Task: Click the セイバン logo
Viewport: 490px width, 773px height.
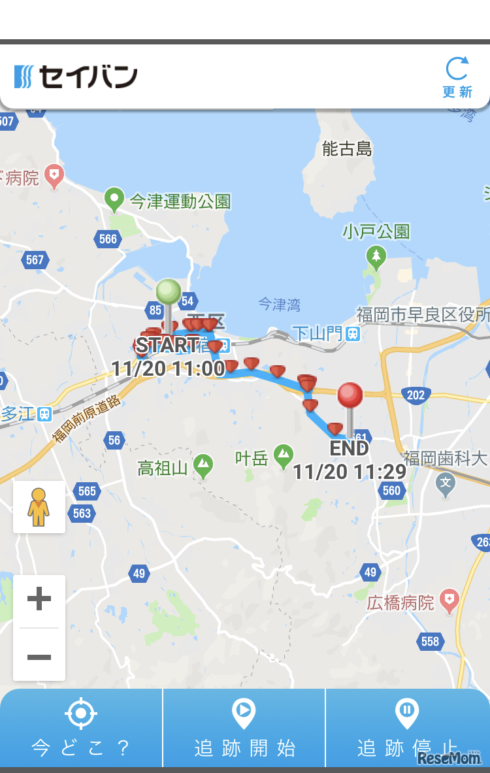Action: (x=76, y=76)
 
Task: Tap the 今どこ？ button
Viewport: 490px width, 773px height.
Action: (x=81, y=728)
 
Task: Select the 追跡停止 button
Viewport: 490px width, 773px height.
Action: (x=407, y=728)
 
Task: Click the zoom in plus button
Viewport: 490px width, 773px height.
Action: (x=39, y=599)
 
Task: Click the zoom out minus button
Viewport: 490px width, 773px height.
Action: (x=39, y=656)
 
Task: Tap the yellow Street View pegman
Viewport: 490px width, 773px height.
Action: (x=39, y=507)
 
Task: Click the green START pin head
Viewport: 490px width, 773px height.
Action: (x=169, y=291)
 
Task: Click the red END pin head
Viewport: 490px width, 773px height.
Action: (x=350, y=395)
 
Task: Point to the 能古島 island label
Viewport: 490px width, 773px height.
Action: (x=347, y=149)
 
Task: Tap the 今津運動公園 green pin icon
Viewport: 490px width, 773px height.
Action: (x=114, y=199)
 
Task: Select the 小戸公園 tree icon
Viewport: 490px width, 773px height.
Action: (x=376, y=257)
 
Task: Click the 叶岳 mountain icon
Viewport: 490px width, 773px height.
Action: (x=283, y=455)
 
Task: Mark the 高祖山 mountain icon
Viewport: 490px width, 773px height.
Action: (x=203, y=466)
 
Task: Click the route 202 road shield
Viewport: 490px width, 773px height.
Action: (x=416, y=395)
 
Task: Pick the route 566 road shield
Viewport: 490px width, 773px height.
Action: (x=108, y=238)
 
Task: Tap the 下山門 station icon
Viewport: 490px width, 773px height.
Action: (x=353, y=334)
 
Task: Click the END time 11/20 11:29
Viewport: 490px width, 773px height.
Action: (x=350, y=472)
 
